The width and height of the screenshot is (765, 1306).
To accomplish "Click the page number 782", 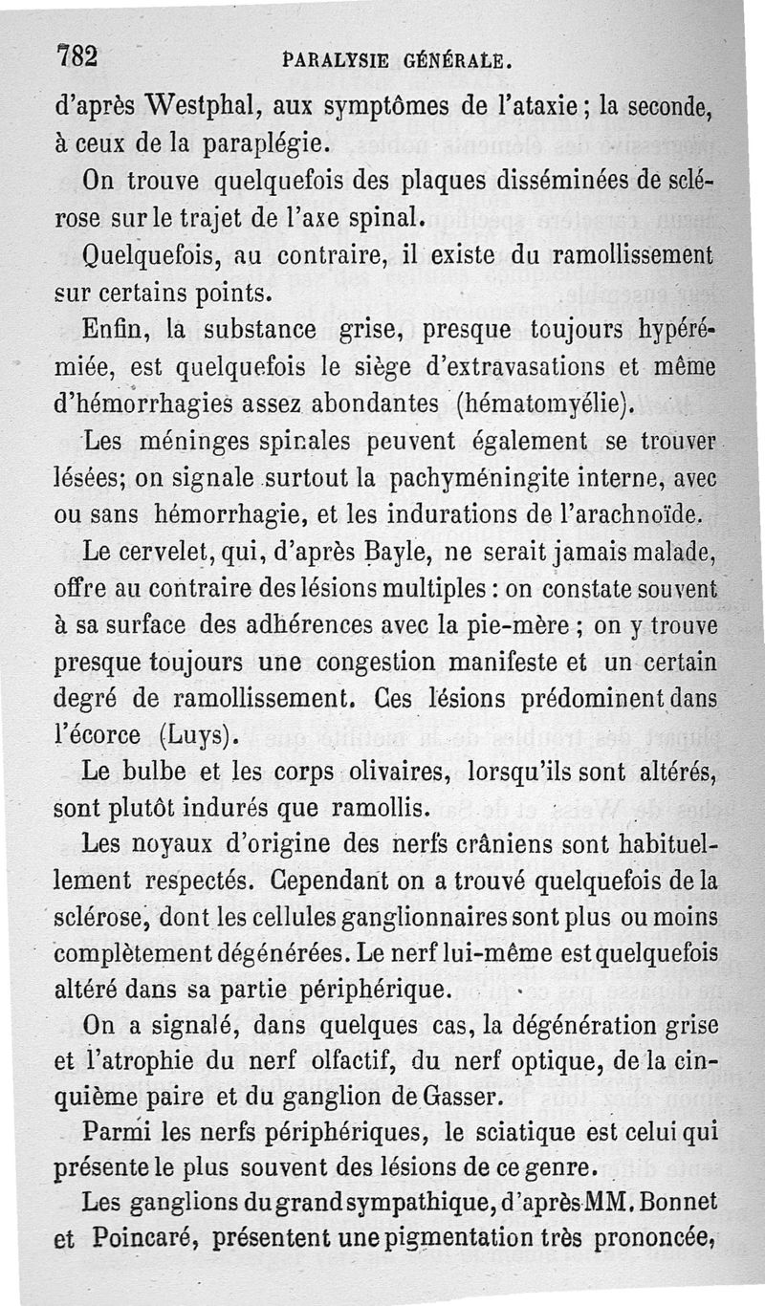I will point(79,56).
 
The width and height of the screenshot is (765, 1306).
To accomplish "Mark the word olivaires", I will point(369,773).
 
